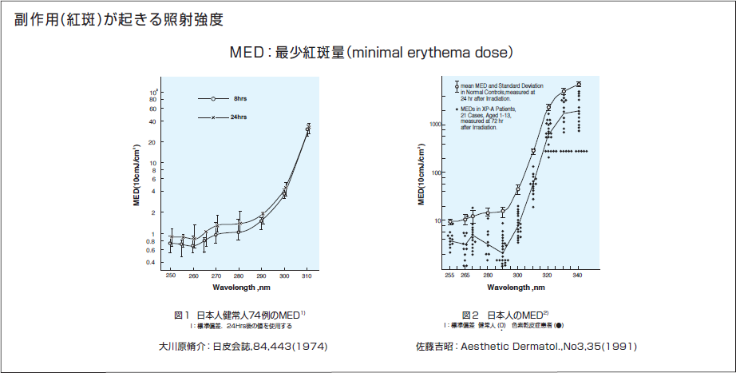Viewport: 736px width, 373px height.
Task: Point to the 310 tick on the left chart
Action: (x=307, y=276)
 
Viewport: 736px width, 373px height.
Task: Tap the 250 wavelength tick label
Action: (x=170, y=276)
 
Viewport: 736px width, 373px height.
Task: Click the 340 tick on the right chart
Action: (x=578, y=276)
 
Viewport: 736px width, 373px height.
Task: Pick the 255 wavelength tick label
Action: (x=449, y=276)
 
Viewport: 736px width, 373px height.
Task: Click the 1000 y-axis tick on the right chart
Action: (x=434, y=125)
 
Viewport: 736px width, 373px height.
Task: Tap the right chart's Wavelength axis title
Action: (x=515, y=286)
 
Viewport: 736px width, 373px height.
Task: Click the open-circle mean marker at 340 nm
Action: (x=579, y=84)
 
